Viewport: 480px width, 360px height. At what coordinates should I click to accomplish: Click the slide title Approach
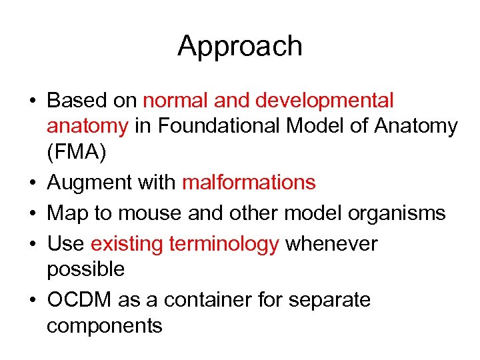click(240, 47)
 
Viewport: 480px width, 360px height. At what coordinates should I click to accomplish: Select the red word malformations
click(249, 182)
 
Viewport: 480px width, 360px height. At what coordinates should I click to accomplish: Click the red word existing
click(127, 245)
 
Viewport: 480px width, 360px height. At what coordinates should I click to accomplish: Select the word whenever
click(331, 245)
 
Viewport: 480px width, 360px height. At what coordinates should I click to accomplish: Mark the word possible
click(86, 270)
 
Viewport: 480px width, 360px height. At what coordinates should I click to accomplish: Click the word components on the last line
click(105, 326)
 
